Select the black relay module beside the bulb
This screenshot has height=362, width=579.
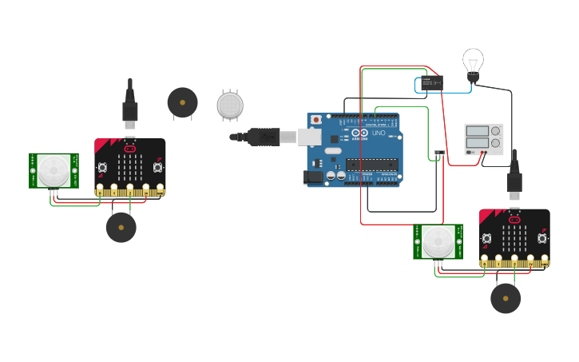431,82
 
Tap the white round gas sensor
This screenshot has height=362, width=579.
230,105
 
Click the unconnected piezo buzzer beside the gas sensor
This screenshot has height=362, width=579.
182,102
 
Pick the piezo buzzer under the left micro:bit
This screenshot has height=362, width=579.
121,227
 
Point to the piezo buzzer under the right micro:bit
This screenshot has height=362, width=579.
506,298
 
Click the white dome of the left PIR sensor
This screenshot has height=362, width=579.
54,170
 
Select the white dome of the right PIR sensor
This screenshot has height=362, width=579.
438,241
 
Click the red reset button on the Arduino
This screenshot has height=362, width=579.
315,120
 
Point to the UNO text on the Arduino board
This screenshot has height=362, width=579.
379,133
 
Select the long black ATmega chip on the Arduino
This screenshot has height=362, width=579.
371,165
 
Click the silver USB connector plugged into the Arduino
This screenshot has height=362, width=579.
308,137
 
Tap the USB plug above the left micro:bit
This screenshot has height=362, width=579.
130,110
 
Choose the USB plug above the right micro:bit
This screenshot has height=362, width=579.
514,182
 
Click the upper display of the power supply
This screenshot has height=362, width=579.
477,131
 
